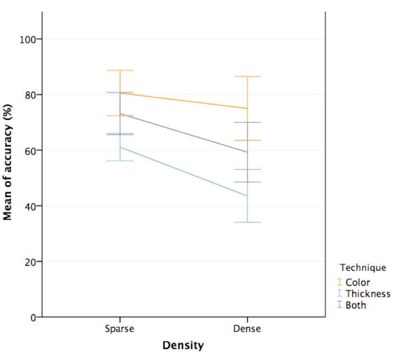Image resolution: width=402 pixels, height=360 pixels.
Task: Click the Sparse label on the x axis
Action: point(120,329)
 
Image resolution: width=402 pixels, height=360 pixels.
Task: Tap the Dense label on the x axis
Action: point(247,329)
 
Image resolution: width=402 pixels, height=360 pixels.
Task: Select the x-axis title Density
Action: point(183,345)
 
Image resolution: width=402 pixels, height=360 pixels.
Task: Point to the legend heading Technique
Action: point(363,268)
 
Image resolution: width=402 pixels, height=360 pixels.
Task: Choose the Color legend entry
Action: point(357,282)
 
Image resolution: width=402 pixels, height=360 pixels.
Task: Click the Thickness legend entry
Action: point(368,294)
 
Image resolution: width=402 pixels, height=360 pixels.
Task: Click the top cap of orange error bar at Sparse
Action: point(120,70)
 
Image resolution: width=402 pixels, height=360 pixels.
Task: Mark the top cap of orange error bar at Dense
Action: point(247,76)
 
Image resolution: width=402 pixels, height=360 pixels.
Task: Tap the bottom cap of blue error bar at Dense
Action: point(247,222)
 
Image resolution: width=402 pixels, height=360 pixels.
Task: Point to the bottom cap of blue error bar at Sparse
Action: point(120,161)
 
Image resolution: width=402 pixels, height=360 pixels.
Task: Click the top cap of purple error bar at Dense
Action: point(247,122)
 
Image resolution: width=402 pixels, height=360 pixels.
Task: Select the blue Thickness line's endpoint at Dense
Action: point(247,195)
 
